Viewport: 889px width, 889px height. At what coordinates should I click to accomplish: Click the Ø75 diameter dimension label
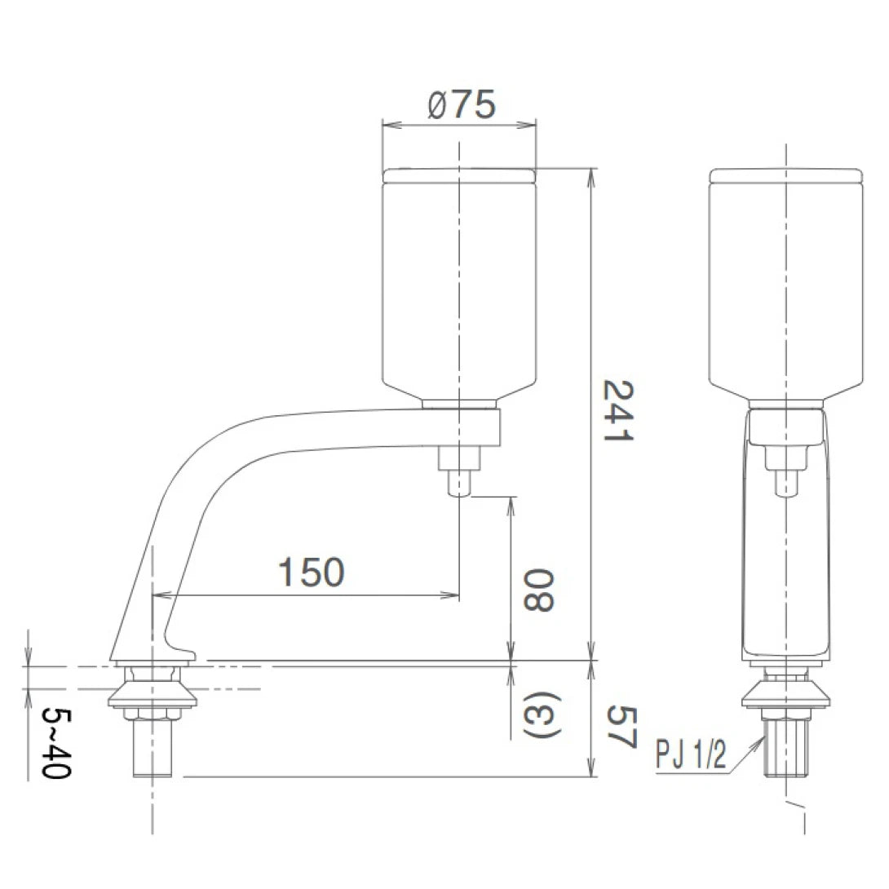click(461, 106)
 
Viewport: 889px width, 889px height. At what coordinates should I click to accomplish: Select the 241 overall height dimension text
click(618, 410)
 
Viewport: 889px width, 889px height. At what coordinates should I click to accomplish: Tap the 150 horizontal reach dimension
click(311, 573)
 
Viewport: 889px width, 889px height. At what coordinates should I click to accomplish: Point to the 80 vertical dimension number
click(539, 592)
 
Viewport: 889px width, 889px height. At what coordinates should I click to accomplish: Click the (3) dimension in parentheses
click(539, 717)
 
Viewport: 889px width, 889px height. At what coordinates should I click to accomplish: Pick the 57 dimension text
click(620, 726)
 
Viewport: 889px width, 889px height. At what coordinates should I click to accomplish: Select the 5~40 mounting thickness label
click(55, 743)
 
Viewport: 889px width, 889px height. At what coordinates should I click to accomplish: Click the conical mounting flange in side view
click(153, 694)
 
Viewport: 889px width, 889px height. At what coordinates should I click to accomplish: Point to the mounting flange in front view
click(785, 695)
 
